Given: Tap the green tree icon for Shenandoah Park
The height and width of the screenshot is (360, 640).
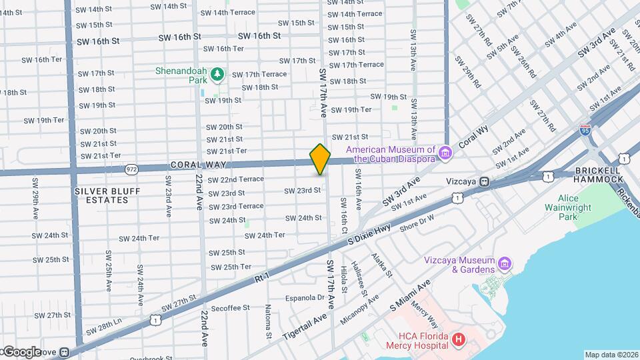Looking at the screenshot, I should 216,75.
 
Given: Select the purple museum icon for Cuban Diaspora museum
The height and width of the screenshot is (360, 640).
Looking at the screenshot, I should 445,154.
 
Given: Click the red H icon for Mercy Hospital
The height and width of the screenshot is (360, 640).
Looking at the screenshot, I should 458,340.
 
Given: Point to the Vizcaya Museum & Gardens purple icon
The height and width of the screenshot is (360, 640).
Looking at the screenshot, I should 505,265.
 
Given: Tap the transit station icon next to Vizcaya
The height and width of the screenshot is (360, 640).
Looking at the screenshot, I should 485,181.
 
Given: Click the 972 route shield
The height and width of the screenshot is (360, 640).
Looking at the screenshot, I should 131,171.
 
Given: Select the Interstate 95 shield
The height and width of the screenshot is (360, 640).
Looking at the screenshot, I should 585,130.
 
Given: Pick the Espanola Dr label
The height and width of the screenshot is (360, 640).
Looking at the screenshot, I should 304,297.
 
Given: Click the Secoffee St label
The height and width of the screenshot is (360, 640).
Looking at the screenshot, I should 229,308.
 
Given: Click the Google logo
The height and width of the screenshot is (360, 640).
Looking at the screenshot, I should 21,352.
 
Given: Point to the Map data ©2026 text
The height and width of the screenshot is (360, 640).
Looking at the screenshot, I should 611,355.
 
